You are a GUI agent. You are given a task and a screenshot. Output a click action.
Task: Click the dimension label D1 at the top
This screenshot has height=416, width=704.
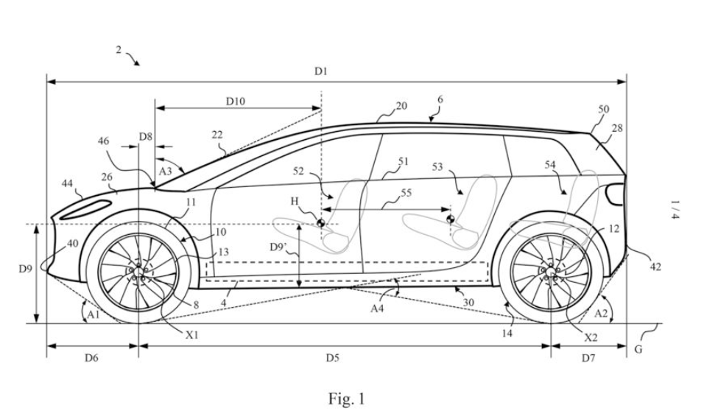320,71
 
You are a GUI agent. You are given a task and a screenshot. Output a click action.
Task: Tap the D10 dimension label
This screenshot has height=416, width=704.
236,102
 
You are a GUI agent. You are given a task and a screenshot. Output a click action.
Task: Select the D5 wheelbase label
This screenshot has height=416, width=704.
332,358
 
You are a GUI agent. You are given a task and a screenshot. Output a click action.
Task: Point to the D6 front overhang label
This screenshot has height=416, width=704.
91,358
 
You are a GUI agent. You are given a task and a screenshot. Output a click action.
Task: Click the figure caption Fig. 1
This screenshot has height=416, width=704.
346,399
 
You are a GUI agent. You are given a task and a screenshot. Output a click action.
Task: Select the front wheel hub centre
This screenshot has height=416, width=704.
138,271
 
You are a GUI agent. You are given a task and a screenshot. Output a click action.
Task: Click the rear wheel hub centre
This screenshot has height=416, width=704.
550,272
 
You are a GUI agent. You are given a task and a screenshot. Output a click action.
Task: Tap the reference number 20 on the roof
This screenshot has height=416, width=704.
401,106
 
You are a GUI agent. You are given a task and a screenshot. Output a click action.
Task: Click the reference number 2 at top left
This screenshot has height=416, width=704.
118,49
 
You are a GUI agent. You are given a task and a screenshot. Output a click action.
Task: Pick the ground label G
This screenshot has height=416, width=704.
638,349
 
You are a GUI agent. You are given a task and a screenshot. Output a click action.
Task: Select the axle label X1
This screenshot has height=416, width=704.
191,333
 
